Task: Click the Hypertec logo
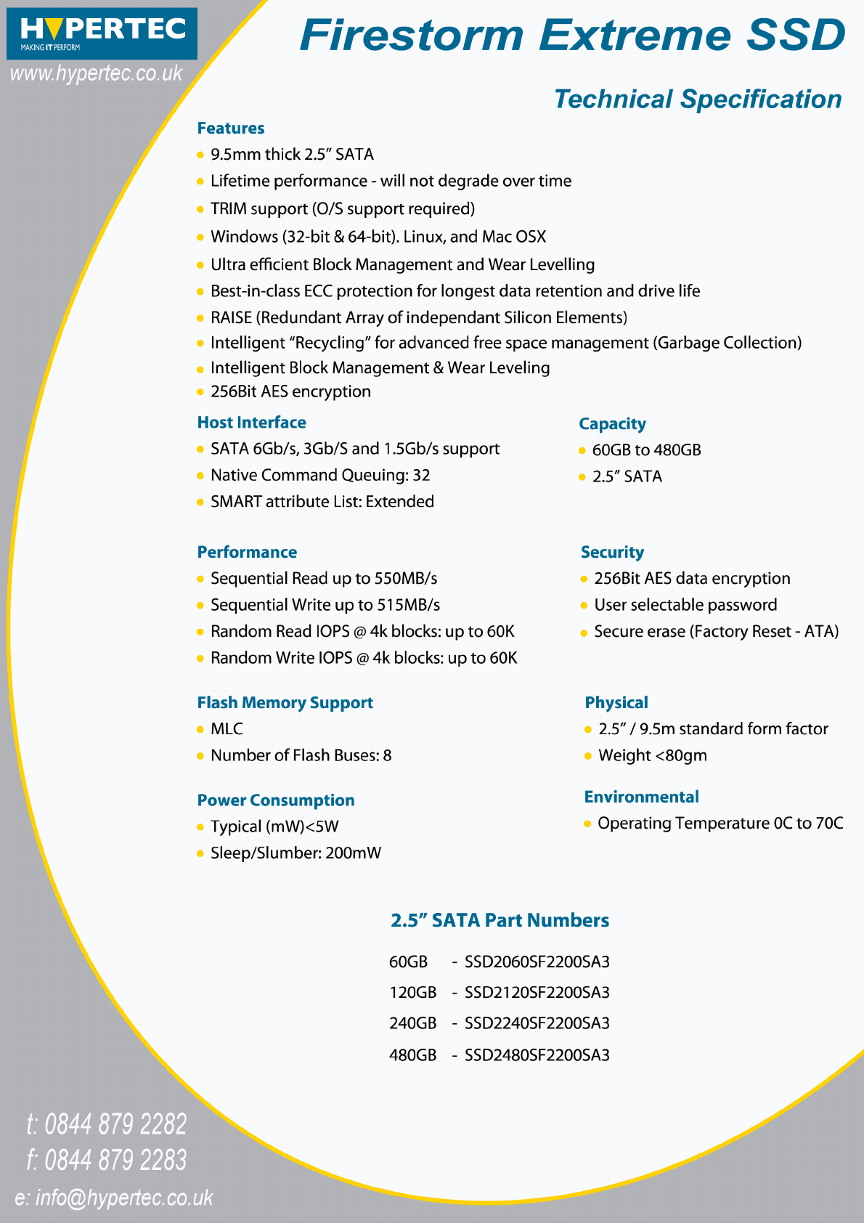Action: pyautogui.click(x=102, y=33)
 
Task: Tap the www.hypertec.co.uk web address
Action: pyautogui.click(x=96, y=73)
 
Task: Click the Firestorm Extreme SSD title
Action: pyautogui.click(x=572, y=34)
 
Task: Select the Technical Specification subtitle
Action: pyautogui.click(x=697, y=99)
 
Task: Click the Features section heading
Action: pyautogui.click(x=231, y=129)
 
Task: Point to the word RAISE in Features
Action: pyautogui.click(x=231, y=317)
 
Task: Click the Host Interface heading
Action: pyautogui.click(x=251, y=423)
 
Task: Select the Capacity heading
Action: pyautogui.click(x=612, y=424)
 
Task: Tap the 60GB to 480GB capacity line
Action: pyautogui.click(x=646, y=450)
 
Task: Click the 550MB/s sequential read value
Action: pyautogui.click(x=405, y=579)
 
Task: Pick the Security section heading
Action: pyautogui.click(x=612, y=553)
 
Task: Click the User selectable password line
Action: pyautogui.click(x=685, y=605)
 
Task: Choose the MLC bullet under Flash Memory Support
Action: pyautogui.click(x=227, y=729)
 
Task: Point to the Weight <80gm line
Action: pyautogui.click(x=652, y=756)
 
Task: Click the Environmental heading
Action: pyautogui.click(x=641, y=797)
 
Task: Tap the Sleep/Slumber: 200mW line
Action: pyautogui.click(x=296, y=853)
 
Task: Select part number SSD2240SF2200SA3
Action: pyautogui.click(x=537, y=1023)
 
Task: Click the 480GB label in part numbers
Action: pyautogui.click(x=412, y=1055)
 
